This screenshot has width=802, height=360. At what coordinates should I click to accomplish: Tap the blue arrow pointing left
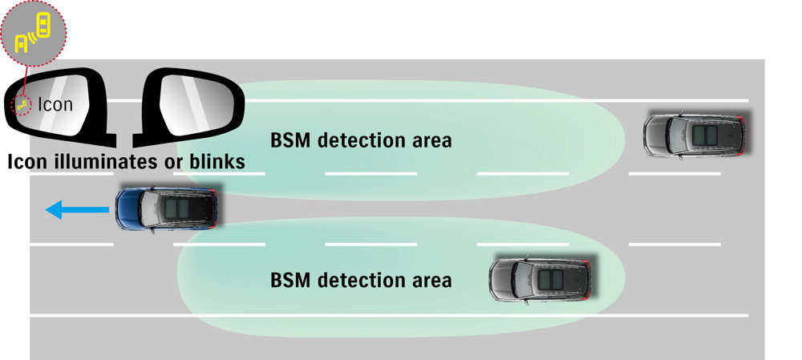pos(76,211)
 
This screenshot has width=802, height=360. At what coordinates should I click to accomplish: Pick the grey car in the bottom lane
pos(541,279)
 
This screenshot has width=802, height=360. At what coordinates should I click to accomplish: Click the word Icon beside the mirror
pos(55,103)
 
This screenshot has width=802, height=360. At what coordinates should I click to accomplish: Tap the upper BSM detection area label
pos(361,141)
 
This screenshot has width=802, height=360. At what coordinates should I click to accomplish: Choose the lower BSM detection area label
pos(361,281)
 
